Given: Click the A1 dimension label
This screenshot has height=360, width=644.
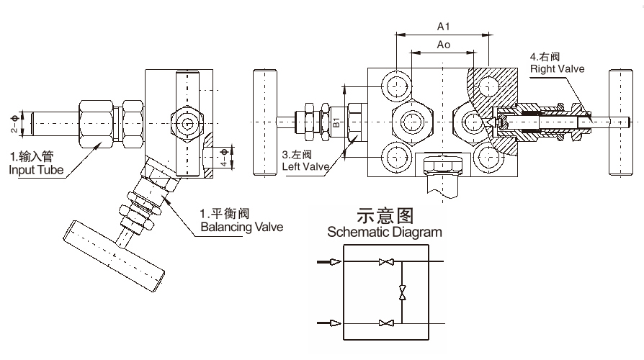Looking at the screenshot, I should (444, 27).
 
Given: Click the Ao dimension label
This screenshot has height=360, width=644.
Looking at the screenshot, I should (444, 45).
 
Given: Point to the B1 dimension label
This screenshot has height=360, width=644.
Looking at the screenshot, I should (336, 120).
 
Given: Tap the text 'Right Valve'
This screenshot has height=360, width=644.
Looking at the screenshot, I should (557, 68).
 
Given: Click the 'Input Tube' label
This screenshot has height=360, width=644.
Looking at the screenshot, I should (35, 171).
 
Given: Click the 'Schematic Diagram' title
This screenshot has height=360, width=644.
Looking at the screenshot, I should (385, 233).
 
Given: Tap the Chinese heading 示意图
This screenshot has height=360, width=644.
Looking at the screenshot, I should (385, 216).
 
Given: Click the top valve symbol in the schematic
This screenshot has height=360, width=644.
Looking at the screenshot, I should (385, 262).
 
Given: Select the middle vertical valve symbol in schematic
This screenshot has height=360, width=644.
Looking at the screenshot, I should (403, 292).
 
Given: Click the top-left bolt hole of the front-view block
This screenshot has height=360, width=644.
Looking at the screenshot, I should (397, 86).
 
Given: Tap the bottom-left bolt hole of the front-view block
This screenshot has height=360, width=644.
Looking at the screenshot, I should (397, 156).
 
